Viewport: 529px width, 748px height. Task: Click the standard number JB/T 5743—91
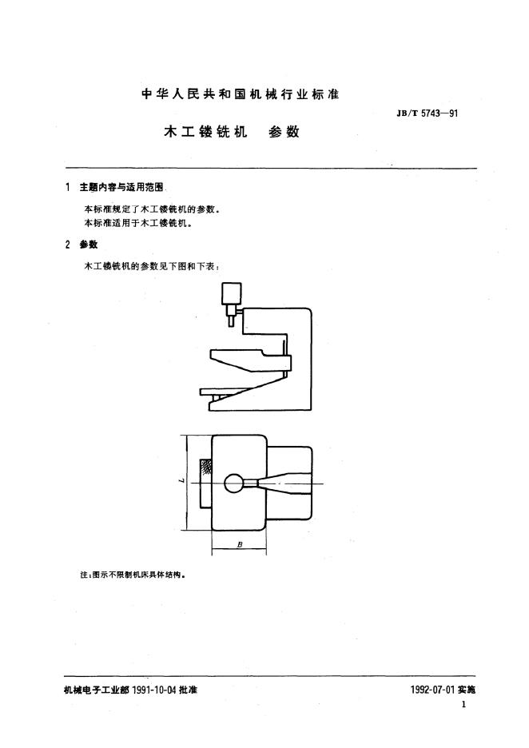coord(427,113)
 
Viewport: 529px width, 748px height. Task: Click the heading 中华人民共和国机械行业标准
coord(241,94)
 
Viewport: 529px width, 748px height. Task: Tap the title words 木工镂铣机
coord(205,131)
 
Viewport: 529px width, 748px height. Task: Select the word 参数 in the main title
coord(284,131)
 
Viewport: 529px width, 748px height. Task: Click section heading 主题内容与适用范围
coord(121,188)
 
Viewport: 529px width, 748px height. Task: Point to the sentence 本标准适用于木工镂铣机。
coord(138,223)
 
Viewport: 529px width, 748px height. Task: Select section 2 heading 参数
coord(89,245)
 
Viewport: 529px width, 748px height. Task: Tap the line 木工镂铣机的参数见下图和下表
coord(152,267)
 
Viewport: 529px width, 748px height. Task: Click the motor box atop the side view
coord(232,293)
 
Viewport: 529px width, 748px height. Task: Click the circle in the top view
coord(233,483)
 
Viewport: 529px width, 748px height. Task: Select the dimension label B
coord(240,544)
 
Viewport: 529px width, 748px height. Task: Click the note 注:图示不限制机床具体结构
coord(132,575)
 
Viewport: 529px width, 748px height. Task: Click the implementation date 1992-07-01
coord(432,690)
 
